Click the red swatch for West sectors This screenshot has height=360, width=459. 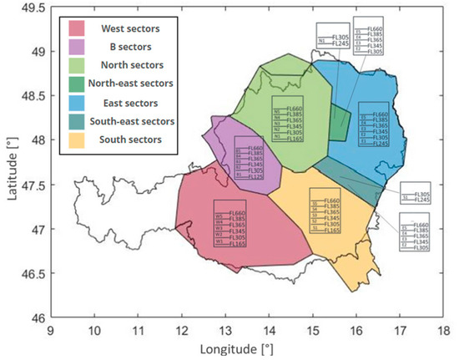point(83,28)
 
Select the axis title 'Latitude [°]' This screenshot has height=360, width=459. point(10,163)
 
